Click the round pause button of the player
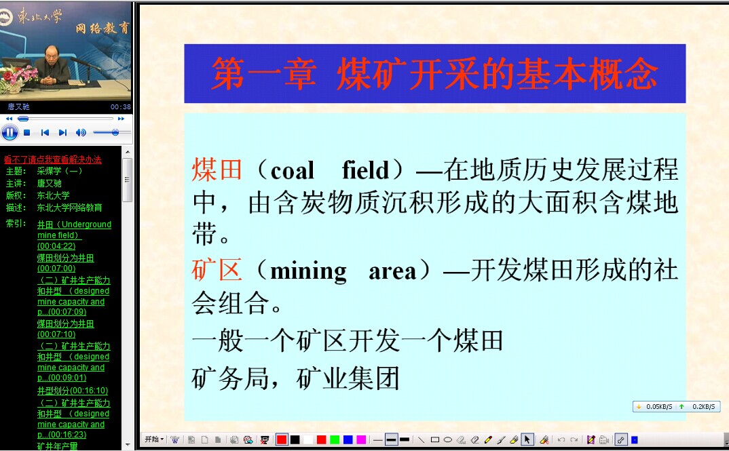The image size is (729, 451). click(x=10, y=133)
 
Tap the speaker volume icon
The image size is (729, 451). click(x=81, y=133)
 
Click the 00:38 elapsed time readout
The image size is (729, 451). click(x=121, y=107)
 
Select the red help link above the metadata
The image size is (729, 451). click(x=52, y=160)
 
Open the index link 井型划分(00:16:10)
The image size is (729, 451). click(x=73, y=391)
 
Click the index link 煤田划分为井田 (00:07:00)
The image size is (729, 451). click(x=66, y=263)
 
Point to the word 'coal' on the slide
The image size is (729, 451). click(x=293, y=171)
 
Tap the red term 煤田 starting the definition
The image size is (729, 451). click(x=217, y=170)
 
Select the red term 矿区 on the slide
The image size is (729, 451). click(x=217, y=270)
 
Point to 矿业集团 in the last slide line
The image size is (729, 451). click(x=348, y=378)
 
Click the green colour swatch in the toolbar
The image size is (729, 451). click(x=335, y=439)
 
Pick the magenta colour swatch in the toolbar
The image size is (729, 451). click(x=361, y=439)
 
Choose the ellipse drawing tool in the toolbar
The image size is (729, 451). click(x=448, y=439)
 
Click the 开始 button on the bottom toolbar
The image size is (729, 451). click(x=154, y=439)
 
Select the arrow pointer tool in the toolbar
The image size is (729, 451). click(x=527, y=439)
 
